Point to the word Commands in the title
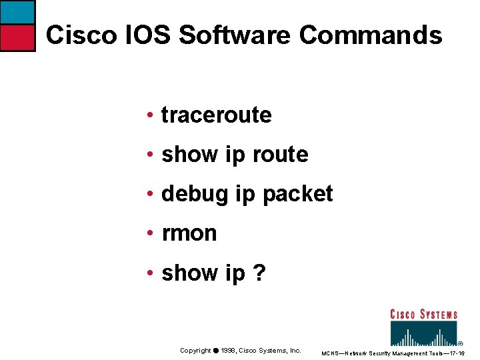pyautogui.click(x=370, y=35)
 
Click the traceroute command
pyautogui.click(x=217, y=115)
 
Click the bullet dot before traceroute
pyautogui.click(x=153, y=115)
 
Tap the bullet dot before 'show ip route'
pyautogui.click(x=153, y=155)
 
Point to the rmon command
pyautogui.click(x=189, y=233)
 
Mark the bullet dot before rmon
pyautogui.click(x=153, y=233)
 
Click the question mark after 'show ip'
pyautogui.click(x=259, y=273)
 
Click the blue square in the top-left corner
pyautogui.click(x=17, y=12)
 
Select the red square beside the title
pyautogui.click(x=17, y=38)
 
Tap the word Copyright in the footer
pyautogui.click(x=195, y=351)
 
